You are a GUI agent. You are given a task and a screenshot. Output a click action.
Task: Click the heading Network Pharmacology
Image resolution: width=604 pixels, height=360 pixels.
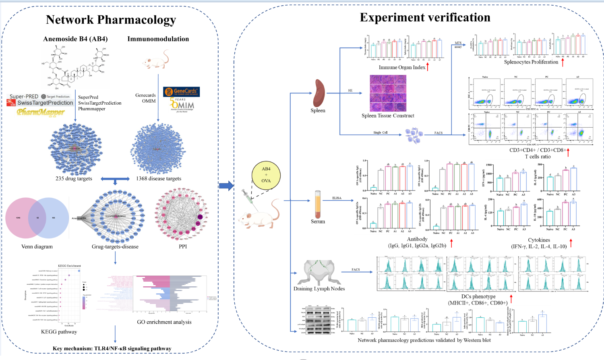(111, 20)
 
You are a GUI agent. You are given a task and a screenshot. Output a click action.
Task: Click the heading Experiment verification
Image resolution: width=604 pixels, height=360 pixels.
(425, 17)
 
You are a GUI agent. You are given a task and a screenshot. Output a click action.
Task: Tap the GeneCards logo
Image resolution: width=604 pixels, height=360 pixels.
(181, 91)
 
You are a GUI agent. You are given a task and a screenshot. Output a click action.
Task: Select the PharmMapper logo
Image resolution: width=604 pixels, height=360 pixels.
(41, 112)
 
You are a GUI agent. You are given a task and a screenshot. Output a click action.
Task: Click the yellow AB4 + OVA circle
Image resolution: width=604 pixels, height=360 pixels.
(266, 175)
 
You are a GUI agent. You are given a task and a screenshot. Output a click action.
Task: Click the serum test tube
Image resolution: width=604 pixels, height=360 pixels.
(318, 204)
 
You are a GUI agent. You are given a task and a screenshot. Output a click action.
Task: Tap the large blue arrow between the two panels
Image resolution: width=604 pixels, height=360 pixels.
(226, 186)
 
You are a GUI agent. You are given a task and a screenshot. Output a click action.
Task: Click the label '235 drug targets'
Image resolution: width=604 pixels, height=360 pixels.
(74, 178)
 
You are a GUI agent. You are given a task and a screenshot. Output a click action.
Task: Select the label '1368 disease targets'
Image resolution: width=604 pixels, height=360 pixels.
(159, 178)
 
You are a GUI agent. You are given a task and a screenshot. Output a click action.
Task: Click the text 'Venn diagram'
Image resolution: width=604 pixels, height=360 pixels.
(37, 246)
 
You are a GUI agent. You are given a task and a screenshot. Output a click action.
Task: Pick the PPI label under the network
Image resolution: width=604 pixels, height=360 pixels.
(183, 246)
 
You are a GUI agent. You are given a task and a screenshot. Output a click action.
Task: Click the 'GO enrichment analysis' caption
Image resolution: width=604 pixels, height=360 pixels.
(164, 322)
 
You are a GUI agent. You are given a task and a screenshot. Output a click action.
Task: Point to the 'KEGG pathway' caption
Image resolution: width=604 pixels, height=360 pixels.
(59, 332)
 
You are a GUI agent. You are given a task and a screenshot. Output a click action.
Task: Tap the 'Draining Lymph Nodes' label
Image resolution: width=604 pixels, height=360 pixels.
(319, 289)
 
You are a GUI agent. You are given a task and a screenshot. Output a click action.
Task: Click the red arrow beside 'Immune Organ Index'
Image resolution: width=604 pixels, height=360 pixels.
(428, 67)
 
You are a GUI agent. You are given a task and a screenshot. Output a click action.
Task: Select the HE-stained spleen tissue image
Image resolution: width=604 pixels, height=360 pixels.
(388, 93)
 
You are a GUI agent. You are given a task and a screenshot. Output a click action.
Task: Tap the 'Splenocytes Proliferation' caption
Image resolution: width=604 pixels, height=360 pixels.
(531, 62)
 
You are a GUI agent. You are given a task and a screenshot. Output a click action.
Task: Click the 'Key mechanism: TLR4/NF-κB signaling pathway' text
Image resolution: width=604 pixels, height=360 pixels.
(112, 348)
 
